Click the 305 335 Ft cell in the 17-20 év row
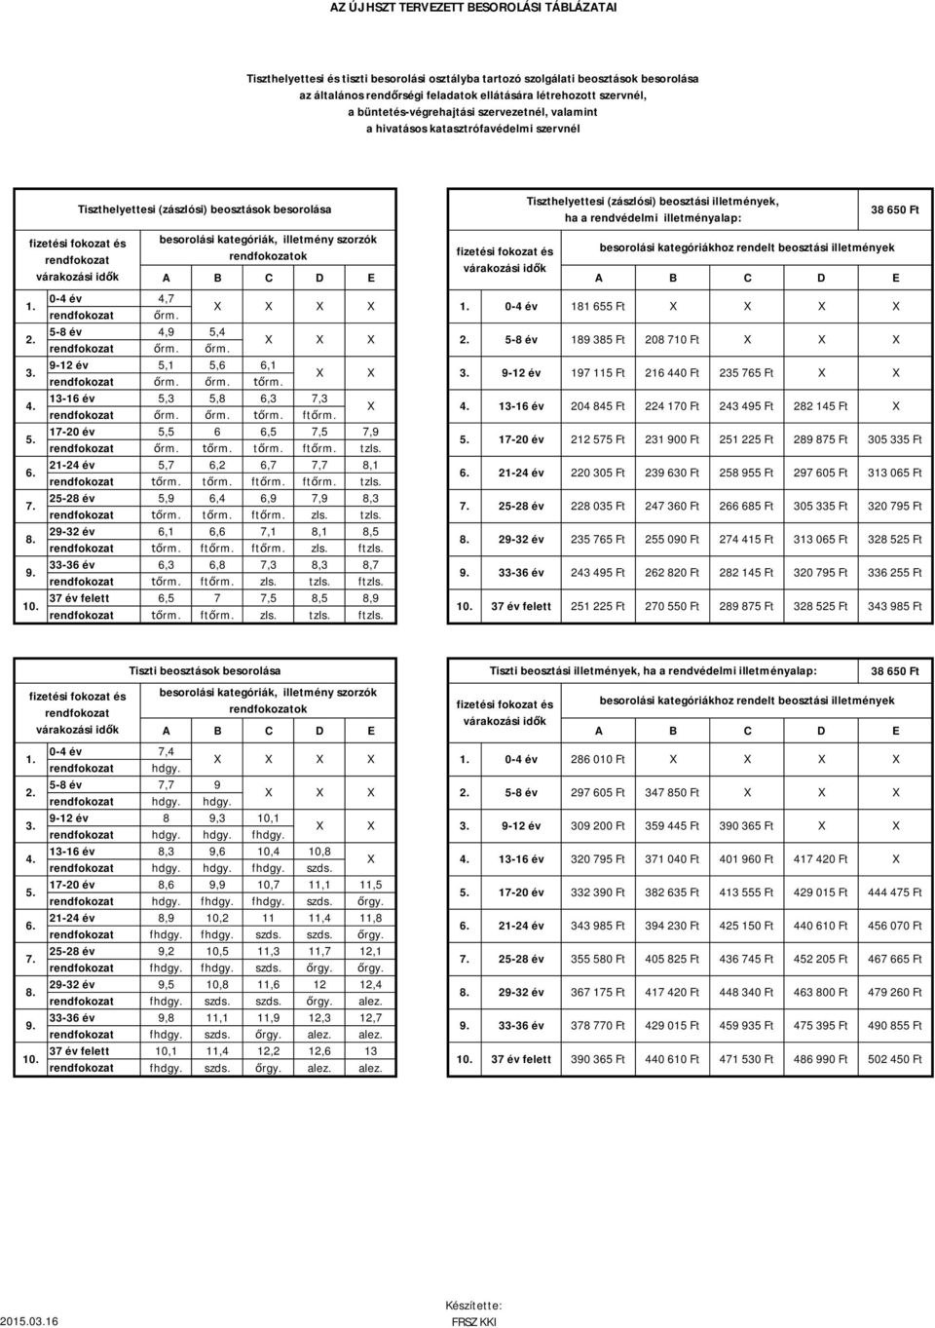pyautogui.click(x=892, y=440)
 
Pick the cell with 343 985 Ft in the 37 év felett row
pyautogui.click(x=892, y=606)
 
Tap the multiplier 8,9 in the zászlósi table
pyautogui.click(x=370, y=598)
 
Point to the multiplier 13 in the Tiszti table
pyautogui.click(x=370, y=1050)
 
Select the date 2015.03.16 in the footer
pyautogui.click(x=29, y=1321)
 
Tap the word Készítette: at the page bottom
pyautogui.click(x=473, y=1305)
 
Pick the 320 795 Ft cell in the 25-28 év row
pyautogui.click(x=892, y=507)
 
